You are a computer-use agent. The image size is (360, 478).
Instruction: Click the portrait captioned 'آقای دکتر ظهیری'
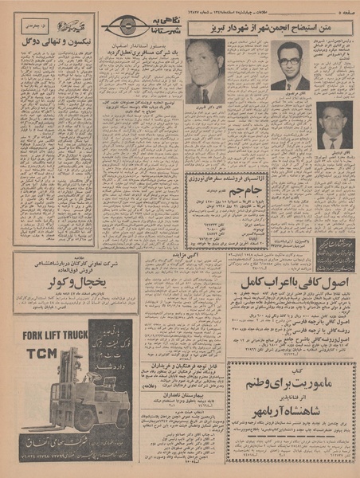(205, 71)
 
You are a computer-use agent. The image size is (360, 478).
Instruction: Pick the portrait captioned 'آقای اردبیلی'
(334, 123)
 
